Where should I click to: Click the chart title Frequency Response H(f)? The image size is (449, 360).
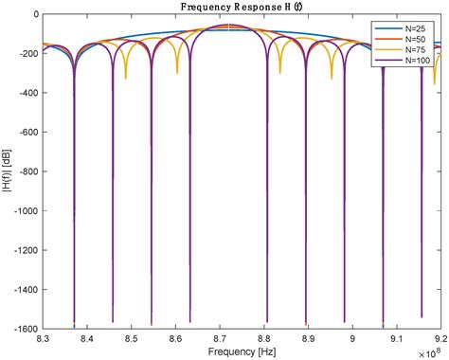click(237, 7)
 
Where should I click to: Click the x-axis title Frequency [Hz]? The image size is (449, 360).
click(237, 351)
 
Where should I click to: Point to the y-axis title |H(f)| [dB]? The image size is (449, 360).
click(9, 171)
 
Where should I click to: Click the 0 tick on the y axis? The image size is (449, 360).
click(36, 15)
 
